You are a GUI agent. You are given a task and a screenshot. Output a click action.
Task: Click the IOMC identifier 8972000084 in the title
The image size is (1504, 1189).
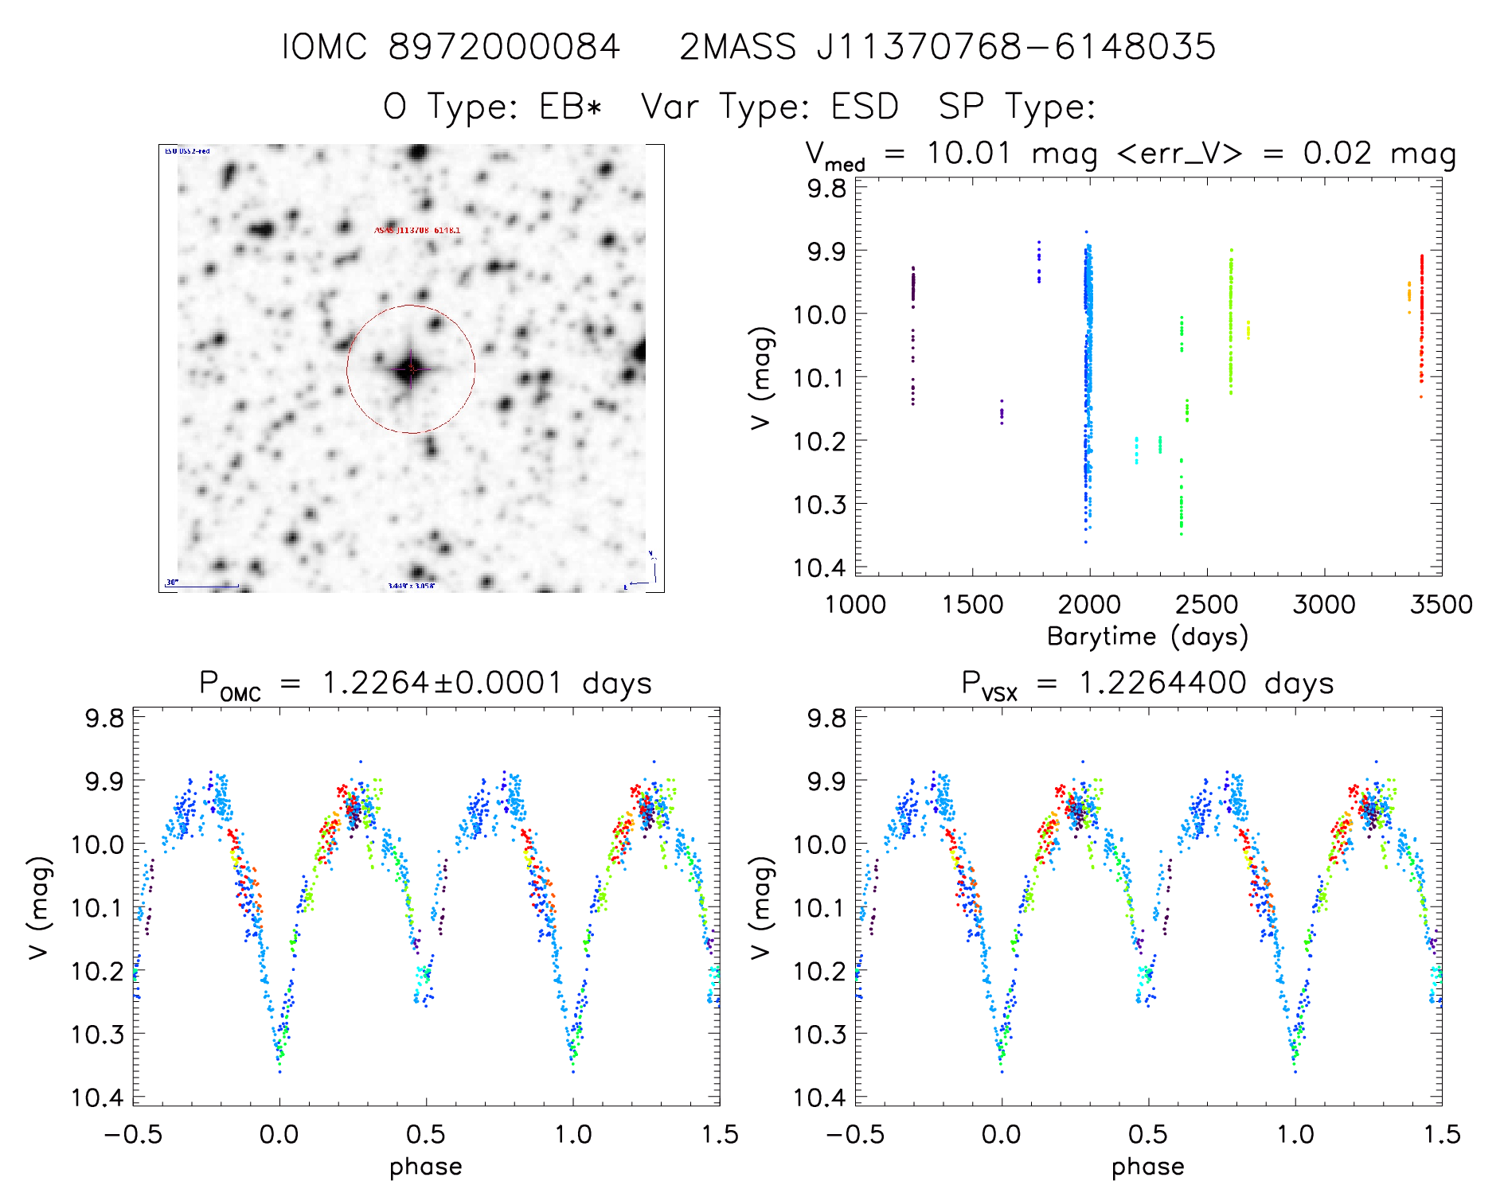503,47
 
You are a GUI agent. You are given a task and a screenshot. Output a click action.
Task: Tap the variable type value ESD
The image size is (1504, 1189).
865,107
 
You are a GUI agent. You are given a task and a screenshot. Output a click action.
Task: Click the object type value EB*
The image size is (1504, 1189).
570,107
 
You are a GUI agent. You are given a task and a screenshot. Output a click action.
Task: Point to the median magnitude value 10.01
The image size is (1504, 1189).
968,153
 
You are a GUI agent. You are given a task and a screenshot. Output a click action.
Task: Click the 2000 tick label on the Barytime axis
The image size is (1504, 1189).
1089,605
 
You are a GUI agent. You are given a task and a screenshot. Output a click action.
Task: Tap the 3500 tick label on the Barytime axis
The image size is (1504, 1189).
1441,605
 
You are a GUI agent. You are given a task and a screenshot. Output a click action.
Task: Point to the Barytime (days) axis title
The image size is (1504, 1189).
1147,637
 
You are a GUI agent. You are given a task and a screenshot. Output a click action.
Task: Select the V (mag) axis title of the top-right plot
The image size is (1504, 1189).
762,377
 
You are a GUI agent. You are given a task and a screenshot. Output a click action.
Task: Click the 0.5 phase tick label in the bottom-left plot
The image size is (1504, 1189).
426,1134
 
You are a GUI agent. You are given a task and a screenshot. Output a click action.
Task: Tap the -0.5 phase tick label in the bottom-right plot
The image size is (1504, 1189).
854,1134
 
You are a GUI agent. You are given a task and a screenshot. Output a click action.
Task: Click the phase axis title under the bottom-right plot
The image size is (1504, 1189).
1147,1167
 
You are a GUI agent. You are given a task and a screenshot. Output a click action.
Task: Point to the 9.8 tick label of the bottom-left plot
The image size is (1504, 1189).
104,718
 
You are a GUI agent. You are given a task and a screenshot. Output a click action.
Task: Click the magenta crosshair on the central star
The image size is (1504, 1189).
411,368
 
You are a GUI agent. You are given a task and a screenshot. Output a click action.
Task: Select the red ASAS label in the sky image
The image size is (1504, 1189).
417,230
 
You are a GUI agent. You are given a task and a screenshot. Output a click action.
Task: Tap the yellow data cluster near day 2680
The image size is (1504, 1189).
1248,329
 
